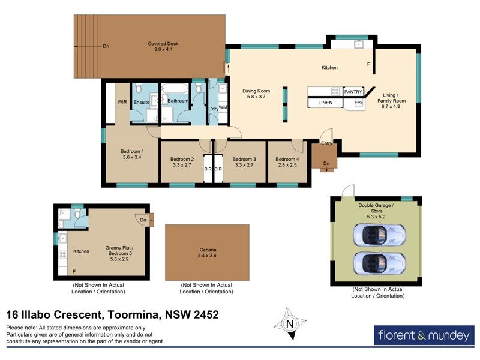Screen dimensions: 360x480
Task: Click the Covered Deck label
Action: [163, 44]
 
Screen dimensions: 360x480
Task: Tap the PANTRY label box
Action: [353, 92]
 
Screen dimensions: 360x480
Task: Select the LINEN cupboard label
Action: [325, 103]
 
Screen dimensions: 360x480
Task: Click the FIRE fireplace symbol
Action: [359, 103]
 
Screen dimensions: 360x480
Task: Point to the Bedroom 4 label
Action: [286, 159]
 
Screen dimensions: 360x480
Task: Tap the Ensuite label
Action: [142, 101]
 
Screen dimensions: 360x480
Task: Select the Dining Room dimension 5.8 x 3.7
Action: [254, 97]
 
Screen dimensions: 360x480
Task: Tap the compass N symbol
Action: [290, 325]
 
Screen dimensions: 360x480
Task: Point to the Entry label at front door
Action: [326, 143]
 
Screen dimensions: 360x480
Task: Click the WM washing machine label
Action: [223, 107]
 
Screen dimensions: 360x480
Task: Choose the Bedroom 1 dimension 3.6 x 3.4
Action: [132, 157]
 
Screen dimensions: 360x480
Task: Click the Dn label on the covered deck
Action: [106, 46]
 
